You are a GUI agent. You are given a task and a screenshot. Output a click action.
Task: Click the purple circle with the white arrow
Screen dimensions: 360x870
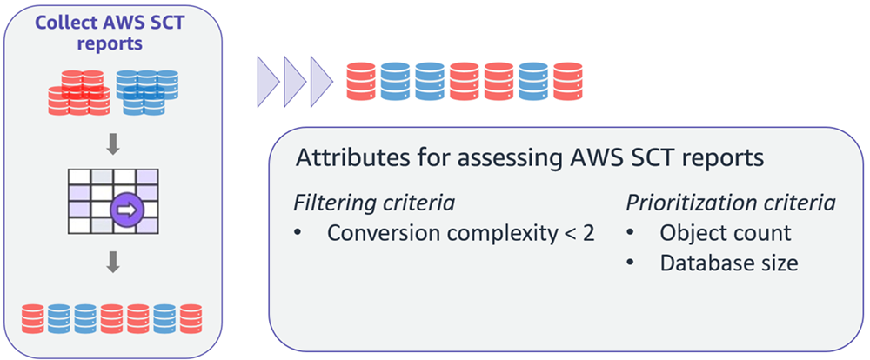click(x=125, y=210)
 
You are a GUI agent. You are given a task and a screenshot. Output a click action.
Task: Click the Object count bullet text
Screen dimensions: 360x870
click(x=725, y=233)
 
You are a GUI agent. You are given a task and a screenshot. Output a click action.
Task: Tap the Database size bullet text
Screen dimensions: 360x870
click(x=728, y=263)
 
